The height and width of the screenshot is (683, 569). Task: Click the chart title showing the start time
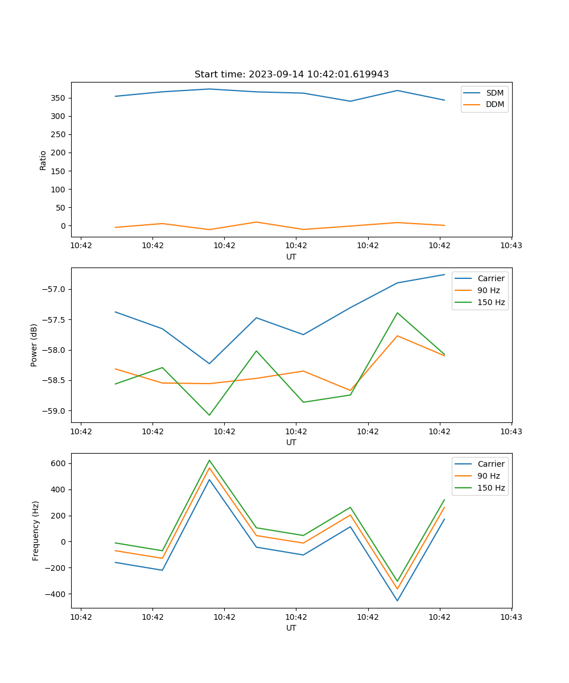click(x=291, y=75)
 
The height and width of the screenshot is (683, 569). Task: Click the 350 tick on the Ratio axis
click(x=60, y=98)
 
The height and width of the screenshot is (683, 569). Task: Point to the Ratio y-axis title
click(x=43, y=160)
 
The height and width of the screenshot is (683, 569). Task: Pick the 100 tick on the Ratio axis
click(x=60, y=189)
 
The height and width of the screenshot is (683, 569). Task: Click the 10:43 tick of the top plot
click(x=511, y=246)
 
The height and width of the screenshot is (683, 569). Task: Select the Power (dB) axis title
click(x=34, y=345)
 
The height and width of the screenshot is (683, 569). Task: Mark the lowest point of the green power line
click(x=209, y=415)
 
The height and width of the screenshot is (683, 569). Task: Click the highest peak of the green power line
click(x=397, y=312)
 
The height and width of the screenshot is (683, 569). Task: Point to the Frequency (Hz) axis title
click(x=35, y=530)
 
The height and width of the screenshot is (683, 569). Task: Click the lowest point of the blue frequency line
click(x=397, y=600)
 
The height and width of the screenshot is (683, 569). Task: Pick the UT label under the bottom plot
click(x=291, y=628)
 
